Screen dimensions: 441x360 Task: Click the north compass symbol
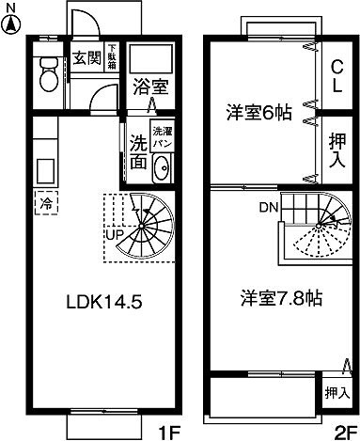(11, 14)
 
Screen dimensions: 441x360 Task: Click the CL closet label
(337, 71)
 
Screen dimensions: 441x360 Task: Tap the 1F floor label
(168, 432)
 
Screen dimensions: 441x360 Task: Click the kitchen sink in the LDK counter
(45, 172)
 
